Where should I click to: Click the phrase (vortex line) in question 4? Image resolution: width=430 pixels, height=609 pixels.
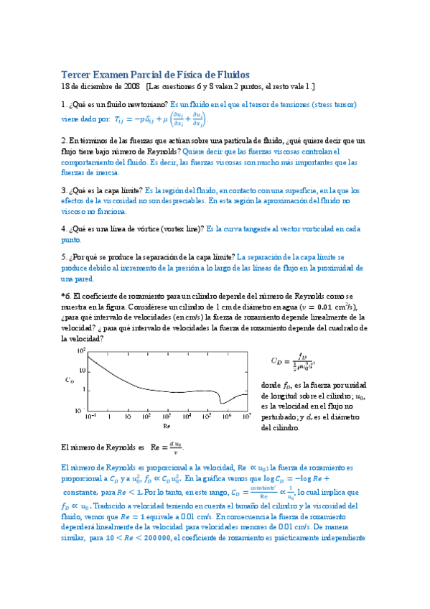click(x=181, y=228)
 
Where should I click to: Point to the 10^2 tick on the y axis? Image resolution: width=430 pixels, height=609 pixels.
click(x=81, y=350)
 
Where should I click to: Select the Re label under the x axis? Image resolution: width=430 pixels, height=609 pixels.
click(x=167, y=424)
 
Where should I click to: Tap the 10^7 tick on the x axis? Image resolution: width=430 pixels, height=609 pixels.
click(x=247, y=416)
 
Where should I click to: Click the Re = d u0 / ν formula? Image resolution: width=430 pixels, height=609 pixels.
click(x=165, y=447)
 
